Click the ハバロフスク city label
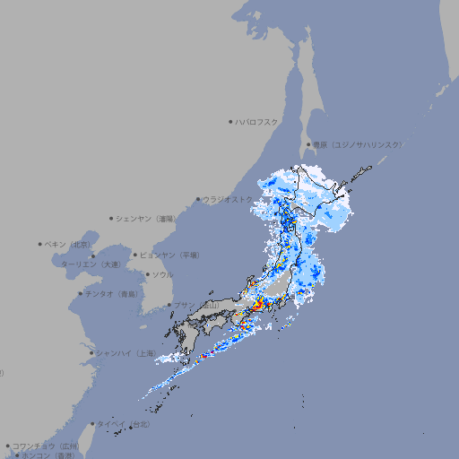257,121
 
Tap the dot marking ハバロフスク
230,121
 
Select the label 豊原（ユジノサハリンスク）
358,144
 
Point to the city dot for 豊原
308,144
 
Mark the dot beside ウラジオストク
198,200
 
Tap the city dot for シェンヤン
112,218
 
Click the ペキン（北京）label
68,244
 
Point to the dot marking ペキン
40,244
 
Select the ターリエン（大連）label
91,264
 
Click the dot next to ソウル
146,274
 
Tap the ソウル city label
162,274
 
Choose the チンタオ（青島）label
112,294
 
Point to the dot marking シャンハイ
91,353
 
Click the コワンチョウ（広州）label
45,446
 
